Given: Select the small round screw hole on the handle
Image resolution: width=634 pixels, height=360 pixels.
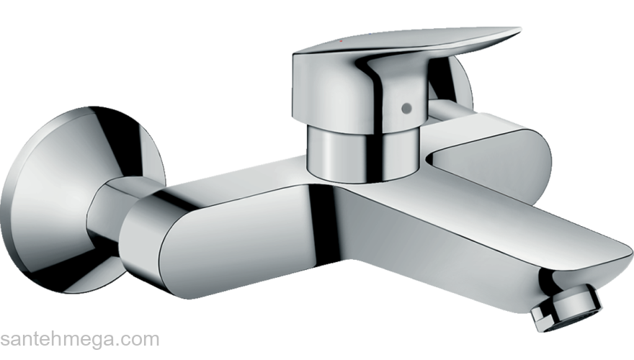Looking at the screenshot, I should (x=406, y=108).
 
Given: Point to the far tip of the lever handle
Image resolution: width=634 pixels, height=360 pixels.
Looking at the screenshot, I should (x=515, y=32).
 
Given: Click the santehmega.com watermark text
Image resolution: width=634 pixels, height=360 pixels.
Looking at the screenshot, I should (x=79, y=339).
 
